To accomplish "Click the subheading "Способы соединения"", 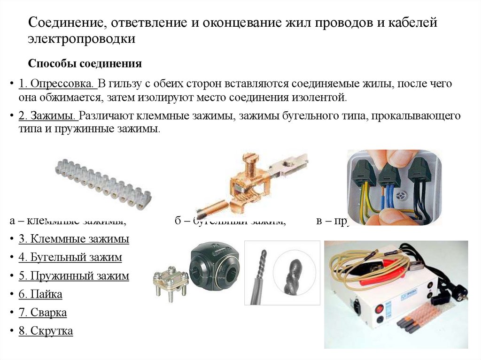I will pos(85,63).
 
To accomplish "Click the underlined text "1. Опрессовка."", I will pos(57,84).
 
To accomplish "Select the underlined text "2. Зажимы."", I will pos(48,116).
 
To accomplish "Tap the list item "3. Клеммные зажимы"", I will pos(74,239).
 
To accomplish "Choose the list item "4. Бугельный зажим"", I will pos(70,258).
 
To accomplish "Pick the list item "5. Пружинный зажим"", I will pos(74,276).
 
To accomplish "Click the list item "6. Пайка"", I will pos(40,294).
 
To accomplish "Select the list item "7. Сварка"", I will pos(43,313).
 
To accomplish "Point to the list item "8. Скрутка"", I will pos(46,331).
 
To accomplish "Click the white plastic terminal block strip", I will pos(101,183).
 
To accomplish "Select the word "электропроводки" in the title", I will pos(82,39).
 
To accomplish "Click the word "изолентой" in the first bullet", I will pos(319,98).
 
